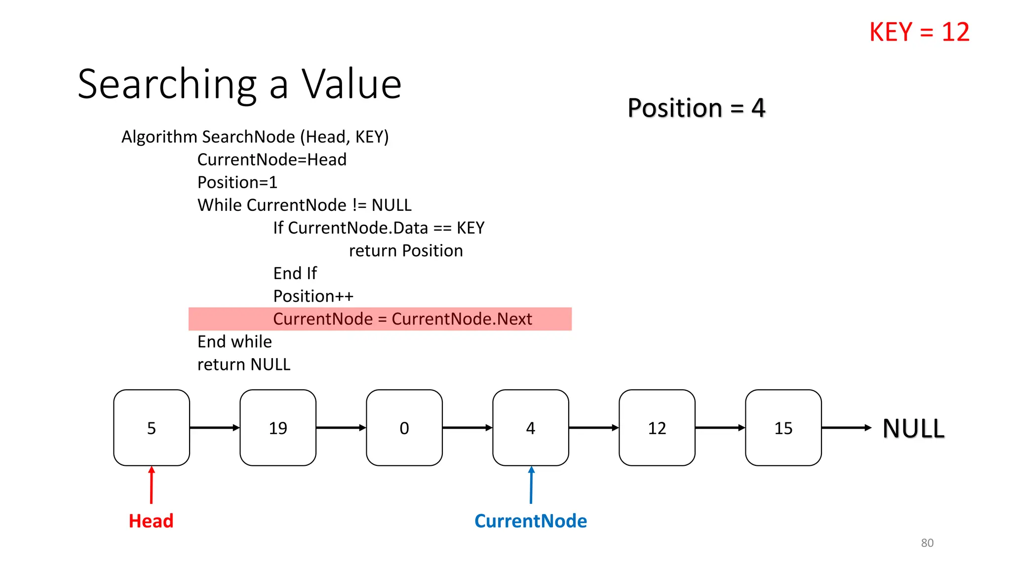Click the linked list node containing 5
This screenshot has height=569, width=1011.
(x=152, y=428)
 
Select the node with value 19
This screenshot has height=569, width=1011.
(x=278, y=428)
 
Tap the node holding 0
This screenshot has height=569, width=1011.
(x=404, y=428)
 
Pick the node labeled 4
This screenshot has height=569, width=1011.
(x=531, y=428)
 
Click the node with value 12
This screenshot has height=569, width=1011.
(x=657, y=428)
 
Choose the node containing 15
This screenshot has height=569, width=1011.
(x=783, y=428)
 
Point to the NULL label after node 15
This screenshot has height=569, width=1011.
(x=913, y=428)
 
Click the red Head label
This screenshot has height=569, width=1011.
(x=151, y=521)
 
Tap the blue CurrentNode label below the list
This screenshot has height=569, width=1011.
(x=531, y=521)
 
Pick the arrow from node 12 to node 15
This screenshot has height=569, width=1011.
(x=720, y=428)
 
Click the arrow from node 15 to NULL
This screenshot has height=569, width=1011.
(x=846, y=428)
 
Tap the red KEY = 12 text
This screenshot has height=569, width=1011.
(x=919, y=32)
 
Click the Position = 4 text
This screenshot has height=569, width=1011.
(x=696, y=108)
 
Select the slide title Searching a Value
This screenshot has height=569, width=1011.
(x=239, y=84)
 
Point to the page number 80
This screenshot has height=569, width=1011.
(x=927, y=543)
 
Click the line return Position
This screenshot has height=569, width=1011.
(x=406, y=251)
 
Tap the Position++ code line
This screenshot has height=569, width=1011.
(x=313, y=296)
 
